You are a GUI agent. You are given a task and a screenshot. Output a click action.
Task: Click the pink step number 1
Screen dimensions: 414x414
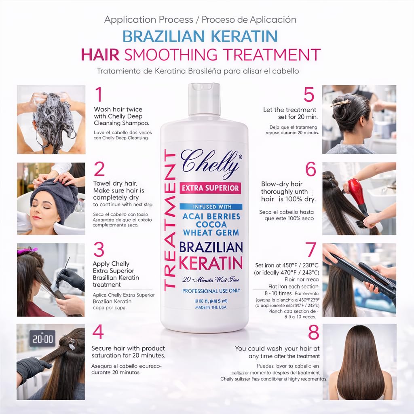click(98, 95)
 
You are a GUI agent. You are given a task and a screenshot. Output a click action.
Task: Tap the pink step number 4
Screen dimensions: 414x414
click(99, 332)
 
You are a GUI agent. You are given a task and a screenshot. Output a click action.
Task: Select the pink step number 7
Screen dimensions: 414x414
click(310, 250)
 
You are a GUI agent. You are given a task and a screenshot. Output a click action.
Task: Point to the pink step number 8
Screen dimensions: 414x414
click(313, 332)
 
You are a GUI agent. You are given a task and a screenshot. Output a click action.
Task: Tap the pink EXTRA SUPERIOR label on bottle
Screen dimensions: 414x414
click(210, 188)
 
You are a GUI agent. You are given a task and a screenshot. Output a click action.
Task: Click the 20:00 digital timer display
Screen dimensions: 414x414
click(42, 339)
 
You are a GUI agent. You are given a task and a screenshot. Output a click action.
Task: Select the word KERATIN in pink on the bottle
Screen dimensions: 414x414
click(210, 263)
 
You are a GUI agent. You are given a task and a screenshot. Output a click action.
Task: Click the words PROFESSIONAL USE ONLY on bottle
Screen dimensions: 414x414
click(211, 291)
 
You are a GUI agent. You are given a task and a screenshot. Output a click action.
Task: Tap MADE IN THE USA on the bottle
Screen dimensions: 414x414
click(211, 308)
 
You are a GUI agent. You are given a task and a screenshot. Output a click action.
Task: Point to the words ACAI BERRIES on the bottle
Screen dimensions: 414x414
click(211, 216)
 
